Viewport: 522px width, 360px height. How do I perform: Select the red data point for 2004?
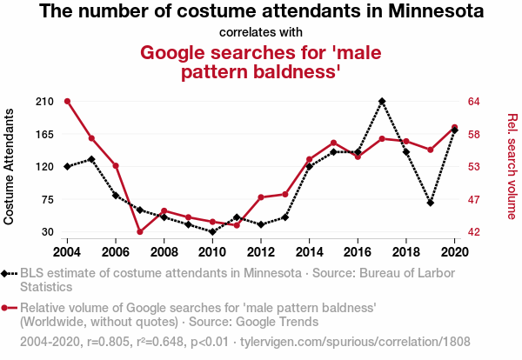point(67,101)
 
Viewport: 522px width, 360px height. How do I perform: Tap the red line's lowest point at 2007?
point(139,231)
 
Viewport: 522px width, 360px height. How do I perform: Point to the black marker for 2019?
point(431,203)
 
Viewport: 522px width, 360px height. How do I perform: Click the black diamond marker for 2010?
point(212,232)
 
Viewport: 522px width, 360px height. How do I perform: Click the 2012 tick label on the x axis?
point(260,251)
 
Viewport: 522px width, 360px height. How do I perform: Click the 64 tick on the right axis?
point(474,102)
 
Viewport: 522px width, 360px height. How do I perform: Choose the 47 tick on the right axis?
point(474,199)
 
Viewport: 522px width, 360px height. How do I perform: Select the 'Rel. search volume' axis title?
point(512,166)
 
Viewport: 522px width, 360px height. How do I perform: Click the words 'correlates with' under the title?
point(261,33)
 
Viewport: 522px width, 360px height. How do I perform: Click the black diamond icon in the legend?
point(10,273)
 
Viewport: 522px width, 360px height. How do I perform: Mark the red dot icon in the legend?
point(10,308)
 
